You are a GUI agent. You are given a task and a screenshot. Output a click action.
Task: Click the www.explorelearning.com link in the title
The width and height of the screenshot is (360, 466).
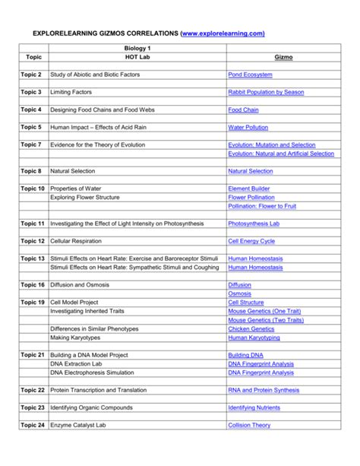[223, 34]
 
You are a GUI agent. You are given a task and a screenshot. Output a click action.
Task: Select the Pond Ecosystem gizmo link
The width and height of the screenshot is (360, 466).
[250, 74]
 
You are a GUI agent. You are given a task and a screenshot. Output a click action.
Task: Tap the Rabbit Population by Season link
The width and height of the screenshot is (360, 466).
[266, 92]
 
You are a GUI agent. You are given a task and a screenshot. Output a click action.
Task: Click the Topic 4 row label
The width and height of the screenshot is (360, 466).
[31, 109]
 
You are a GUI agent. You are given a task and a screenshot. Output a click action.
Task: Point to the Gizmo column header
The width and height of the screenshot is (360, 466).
[280, 57]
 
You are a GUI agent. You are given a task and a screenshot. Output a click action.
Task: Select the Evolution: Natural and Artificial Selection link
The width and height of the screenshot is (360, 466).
[280, 154]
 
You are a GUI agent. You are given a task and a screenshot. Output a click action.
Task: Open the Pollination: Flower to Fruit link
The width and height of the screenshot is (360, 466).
[262, 206]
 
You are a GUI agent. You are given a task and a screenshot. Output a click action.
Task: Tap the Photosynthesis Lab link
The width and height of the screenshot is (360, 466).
[254, 224]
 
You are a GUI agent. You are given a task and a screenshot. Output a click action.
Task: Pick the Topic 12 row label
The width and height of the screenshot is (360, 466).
[33, 241]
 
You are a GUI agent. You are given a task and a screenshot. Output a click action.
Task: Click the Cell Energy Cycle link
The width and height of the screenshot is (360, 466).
[251, 241]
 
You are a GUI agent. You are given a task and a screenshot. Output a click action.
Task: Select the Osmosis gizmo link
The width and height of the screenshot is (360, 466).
[239, 293]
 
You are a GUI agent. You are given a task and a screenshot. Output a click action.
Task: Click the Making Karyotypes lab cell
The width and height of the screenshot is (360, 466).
[76, 338]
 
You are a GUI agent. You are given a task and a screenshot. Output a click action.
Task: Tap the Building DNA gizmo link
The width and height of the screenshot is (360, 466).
[246, 355]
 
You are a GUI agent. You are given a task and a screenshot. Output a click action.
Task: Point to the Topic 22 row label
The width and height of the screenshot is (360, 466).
[33, 390]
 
